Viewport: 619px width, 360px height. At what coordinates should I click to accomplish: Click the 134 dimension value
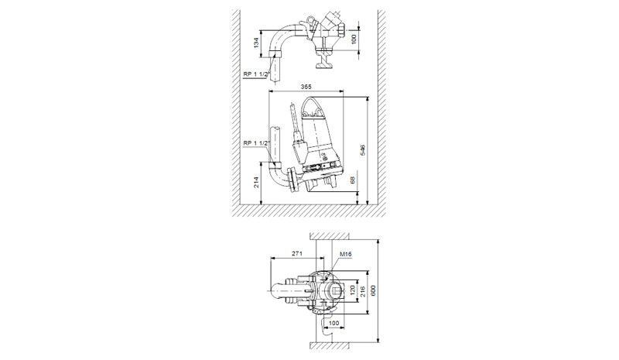point(256,43)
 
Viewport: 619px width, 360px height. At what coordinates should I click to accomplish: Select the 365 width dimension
point(306,87)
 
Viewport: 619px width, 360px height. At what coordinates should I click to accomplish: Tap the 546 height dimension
point(363,150)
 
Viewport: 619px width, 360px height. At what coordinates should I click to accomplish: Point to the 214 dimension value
point(257,182)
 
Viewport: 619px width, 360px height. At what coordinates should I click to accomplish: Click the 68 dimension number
point(353,180)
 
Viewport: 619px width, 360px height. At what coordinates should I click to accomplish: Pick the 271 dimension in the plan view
point(297,253)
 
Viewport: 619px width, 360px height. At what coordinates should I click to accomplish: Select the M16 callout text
point(345,254)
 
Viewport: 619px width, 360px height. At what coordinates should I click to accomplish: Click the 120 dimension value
point(353,291)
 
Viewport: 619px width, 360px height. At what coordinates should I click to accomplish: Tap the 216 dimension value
point(363,291)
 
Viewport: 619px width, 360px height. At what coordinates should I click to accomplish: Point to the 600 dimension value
point(373,291)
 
